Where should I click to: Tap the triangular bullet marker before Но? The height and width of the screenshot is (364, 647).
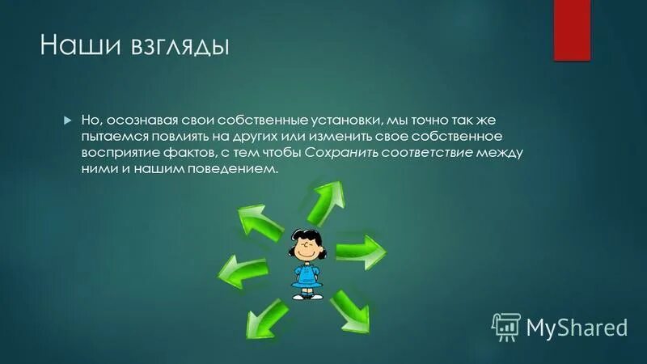[68, 119]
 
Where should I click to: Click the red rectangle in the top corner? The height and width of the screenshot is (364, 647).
[572, 30]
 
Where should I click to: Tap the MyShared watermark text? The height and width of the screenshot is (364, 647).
[577, 328]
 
